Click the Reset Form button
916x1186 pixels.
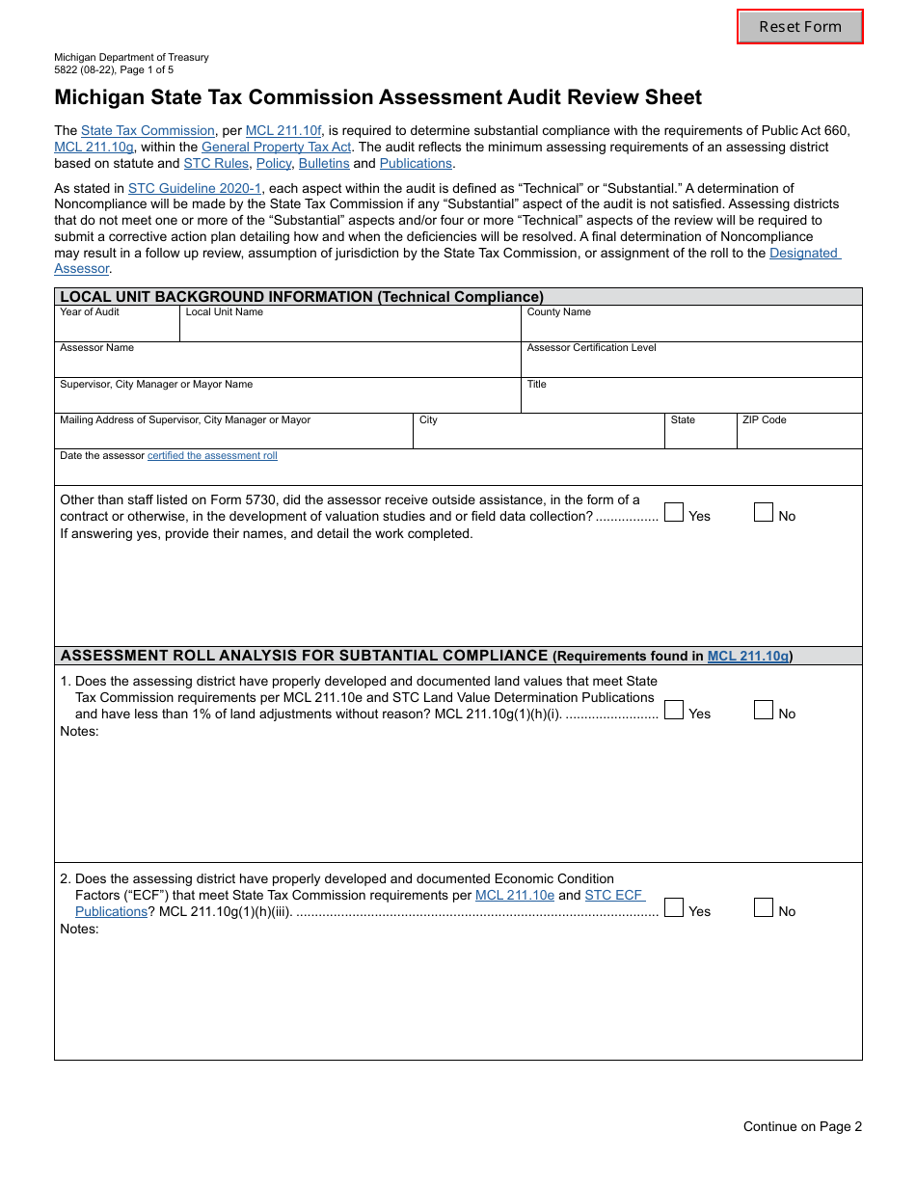[x=799, y=27]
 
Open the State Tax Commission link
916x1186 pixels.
[x=148, y=131]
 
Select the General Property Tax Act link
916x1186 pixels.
[x=276, y=148]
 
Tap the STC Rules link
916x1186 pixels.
[x=216, y=164]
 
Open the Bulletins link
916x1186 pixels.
[x=324, y=164]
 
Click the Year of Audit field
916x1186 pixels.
[x=117, y=328]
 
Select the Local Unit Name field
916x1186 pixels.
[x=350, y=328]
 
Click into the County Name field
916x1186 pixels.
[x=691, y=328]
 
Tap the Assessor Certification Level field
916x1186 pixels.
[x=691, y=364]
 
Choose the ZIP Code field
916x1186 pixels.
[x=799, y=436]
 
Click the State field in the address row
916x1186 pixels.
[x=700, y=436]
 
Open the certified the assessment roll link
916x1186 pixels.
[x=212, y=456]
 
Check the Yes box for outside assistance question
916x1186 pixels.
[x=674, y=513]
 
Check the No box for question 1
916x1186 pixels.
[x=764, y=711]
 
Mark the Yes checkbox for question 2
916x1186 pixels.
[x=674, y=908]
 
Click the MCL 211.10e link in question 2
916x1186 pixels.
[x=515, y=896]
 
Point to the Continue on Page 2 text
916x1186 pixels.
[x=802, y=1126]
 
